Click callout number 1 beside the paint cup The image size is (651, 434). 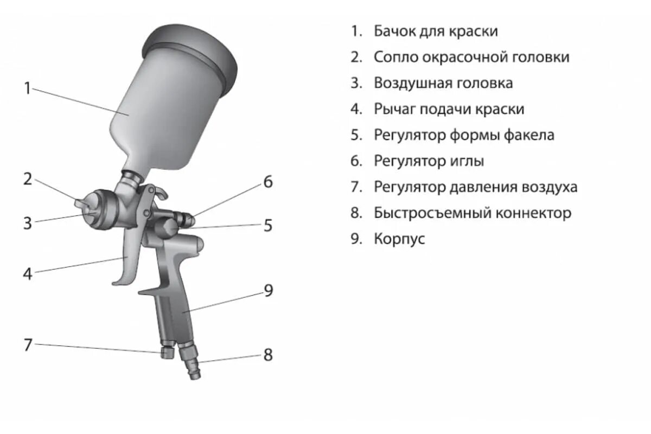pyautogui.click(x=28, y=88)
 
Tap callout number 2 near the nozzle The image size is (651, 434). pyautogui.click(x=28, y=179)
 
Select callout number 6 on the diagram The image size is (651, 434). pyautogui.click(x=268, y=182)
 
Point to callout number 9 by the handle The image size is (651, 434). pyautogui.click(x=268, y=291)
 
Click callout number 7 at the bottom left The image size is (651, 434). pyautogui.click(x=28, y=344)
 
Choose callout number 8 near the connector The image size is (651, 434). pyautogui.click(x=268, y=355)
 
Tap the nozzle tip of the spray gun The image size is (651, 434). pyautogui.click(x=80, y=203)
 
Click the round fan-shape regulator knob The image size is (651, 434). pyautogui.click(x=167, y=227)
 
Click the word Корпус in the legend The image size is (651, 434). pyautogui.click(x=399, y=239)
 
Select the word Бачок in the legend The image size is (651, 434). pyautogui.click(x=394, y=31)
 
